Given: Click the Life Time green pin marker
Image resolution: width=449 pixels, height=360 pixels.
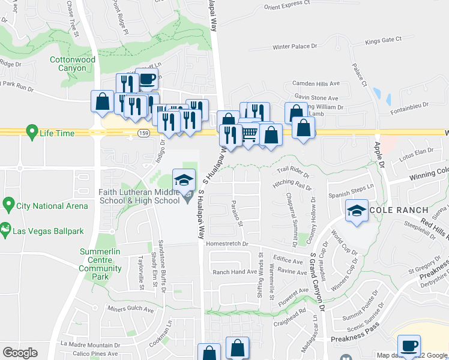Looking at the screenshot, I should (31, 131).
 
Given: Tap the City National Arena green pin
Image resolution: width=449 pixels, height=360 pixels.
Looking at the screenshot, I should (8, 205).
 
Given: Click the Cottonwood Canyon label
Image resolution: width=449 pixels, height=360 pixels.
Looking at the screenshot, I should (72, 64).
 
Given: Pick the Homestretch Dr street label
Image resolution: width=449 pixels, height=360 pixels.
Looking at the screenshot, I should (227, 244).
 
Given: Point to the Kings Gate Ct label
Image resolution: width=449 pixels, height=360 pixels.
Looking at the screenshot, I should (383, 40).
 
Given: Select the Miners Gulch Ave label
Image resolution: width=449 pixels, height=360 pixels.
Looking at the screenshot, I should (131, 308).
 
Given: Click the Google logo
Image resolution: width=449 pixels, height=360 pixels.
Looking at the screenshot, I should (20, 353).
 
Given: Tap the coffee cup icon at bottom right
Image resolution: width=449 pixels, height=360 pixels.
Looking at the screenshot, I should (411, 346).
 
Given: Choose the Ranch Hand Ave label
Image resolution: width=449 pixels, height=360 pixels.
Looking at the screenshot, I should (235, 272).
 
